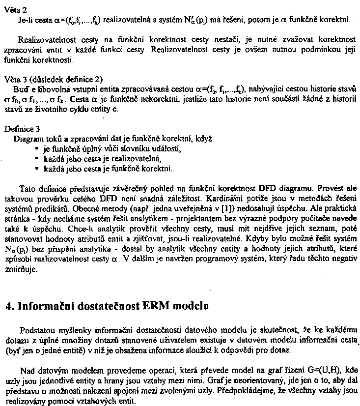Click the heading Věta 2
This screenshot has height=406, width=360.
coord(15,10)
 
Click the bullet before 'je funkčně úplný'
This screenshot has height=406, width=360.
coord(37,148)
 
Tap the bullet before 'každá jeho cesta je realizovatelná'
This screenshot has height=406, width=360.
coord(37,159)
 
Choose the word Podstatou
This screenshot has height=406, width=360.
coord(37,329)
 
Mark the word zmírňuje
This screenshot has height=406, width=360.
coord(21,269)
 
